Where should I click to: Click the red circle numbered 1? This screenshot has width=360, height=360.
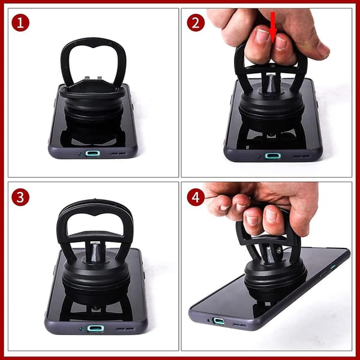pos(20,23)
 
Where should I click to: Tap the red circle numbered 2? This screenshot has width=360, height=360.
pos(196,23)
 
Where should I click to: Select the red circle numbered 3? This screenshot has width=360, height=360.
pos(20,197)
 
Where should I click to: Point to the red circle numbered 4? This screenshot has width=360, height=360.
pos(196,197)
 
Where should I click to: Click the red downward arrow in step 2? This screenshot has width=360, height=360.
pos(273,28)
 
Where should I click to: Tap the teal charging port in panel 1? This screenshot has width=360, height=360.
pos(92,153)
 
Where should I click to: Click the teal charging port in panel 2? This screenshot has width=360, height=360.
pos(273,156)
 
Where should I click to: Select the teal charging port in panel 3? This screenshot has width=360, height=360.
pos(95,328)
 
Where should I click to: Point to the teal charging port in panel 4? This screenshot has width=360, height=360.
pos(219,321)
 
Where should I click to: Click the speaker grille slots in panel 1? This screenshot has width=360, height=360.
pos(119,154)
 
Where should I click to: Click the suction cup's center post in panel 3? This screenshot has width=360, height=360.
pos(95,252)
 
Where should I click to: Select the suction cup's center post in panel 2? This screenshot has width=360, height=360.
pos(271,83)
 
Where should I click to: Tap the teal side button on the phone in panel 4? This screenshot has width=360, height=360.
pos(334,266)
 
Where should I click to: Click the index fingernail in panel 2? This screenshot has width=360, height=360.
pos(263,36)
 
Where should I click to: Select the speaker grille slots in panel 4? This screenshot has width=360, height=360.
pos(239,325)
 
